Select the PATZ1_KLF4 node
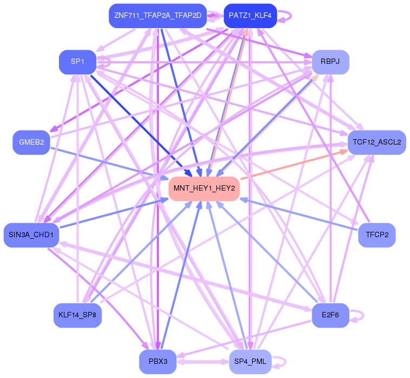pos(250,16)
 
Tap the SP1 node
pos(77,62)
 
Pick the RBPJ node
pos(330,62)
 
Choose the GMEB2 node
pos(31,142)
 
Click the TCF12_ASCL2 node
pos(376,142)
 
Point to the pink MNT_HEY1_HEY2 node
pos(204,188)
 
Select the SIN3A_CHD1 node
pos(31,234)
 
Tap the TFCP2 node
pos(376,234)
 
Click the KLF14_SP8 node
pos(77,315)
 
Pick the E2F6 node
pos(330,315)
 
